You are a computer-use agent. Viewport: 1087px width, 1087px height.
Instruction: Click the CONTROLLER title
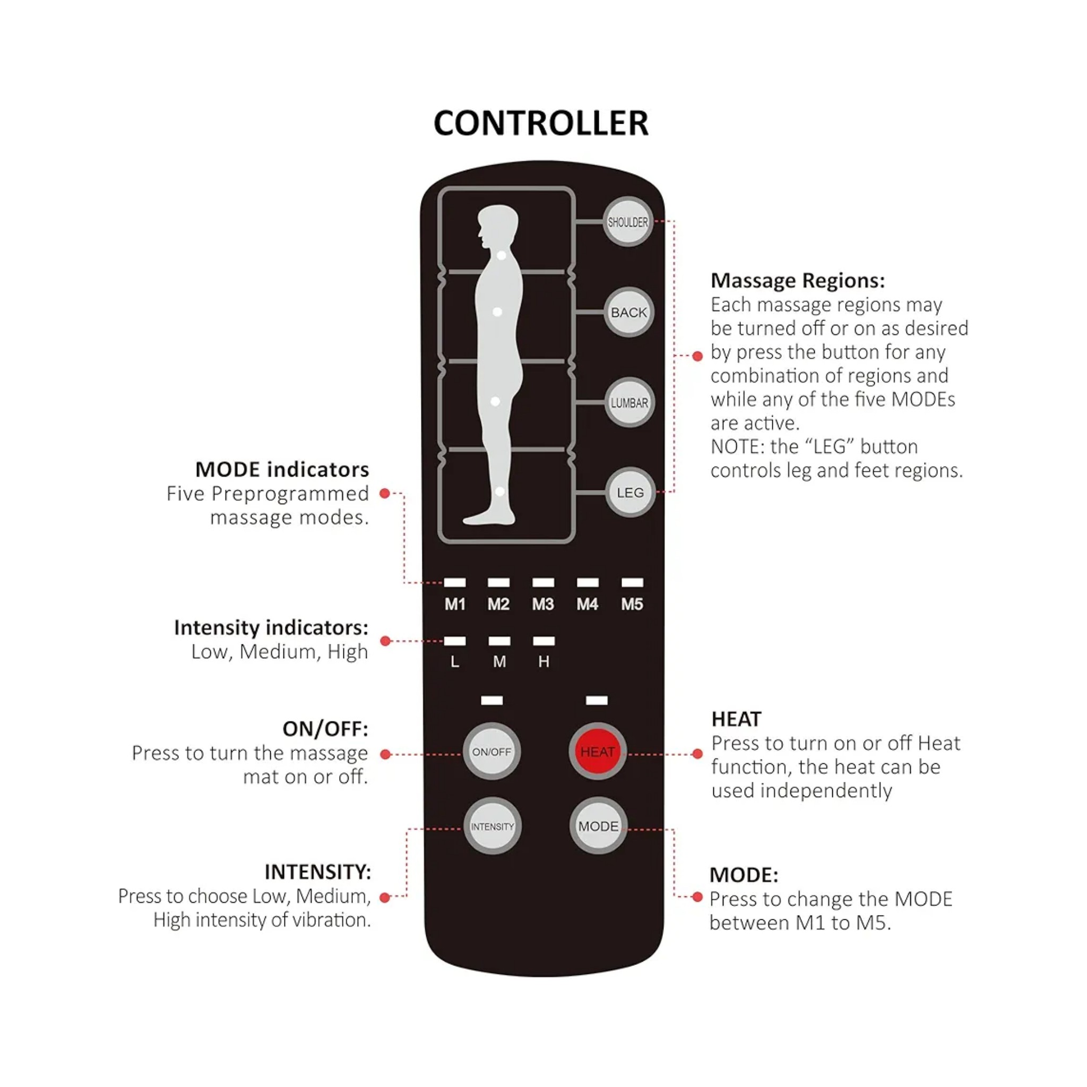541,123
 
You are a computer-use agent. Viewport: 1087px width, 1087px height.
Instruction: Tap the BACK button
628,312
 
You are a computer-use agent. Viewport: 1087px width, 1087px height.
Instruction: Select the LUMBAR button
629,402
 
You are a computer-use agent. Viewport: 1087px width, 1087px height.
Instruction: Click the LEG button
629,493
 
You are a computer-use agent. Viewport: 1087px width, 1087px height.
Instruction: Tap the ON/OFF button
491,752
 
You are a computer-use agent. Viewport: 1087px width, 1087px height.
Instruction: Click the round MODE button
598,826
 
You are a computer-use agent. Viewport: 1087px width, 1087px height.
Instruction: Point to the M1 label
455,604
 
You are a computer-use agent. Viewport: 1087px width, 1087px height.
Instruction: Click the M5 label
632,604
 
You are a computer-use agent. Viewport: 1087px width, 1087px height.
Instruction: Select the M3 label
543,604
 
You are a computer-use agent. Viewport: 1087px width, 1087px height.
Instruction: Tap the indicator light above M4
588,582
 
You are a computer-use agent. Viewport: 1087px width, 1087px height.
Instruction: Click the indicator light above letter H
543,641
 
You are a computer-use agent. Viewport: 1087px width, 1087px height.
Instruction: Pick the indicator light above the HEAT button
597,701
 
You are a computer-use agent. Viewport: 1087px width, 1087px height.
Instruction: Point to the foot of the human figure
487,517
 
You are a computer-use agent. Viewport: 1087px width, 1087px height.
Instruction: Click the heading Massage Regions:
797,280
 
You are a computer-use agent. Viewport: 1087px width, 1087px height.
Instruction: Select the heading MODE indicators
282,469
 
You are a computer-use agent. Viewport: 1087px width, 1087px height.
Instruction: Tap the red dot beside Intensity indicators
385,641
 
